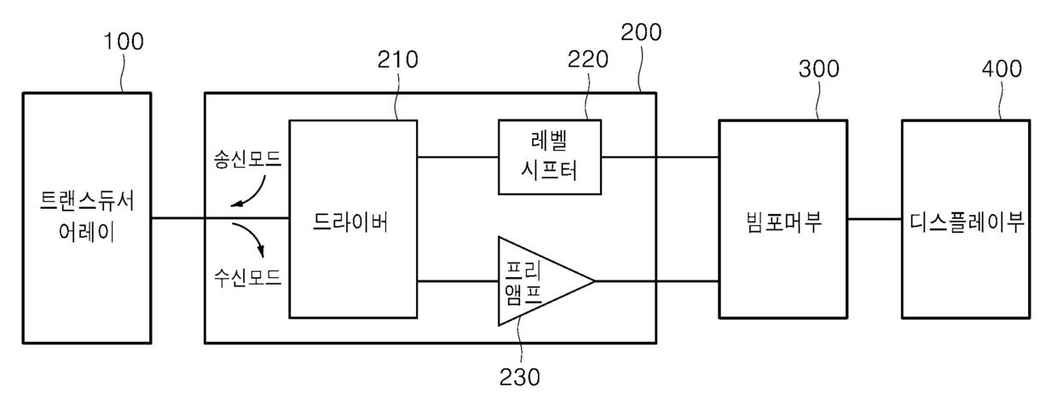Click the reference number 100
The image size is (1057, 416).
tap(124, 41)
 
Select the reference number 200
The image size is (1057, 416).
tap(641, 32)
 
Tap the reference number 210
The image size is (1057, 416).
tap(397, 61)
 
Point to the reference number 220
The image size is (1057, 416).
tap(588, 59)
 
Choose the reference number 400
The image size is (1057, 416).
tap(1002, 68)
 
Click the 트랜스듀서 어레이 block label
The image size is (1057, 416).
tap(87, 217)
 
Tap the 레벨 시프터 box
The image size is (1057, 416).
tap(550, 158)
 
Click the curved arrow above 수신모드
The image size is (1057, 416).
tap(252, 242)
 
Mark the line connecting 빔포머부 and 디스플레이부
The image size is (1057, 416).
tap(874, 219)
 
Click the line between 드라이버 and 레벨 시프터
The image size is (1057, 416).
tap(458, 158)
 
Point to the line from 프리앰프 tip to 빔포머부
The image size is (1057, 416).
tap(656, 281)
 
